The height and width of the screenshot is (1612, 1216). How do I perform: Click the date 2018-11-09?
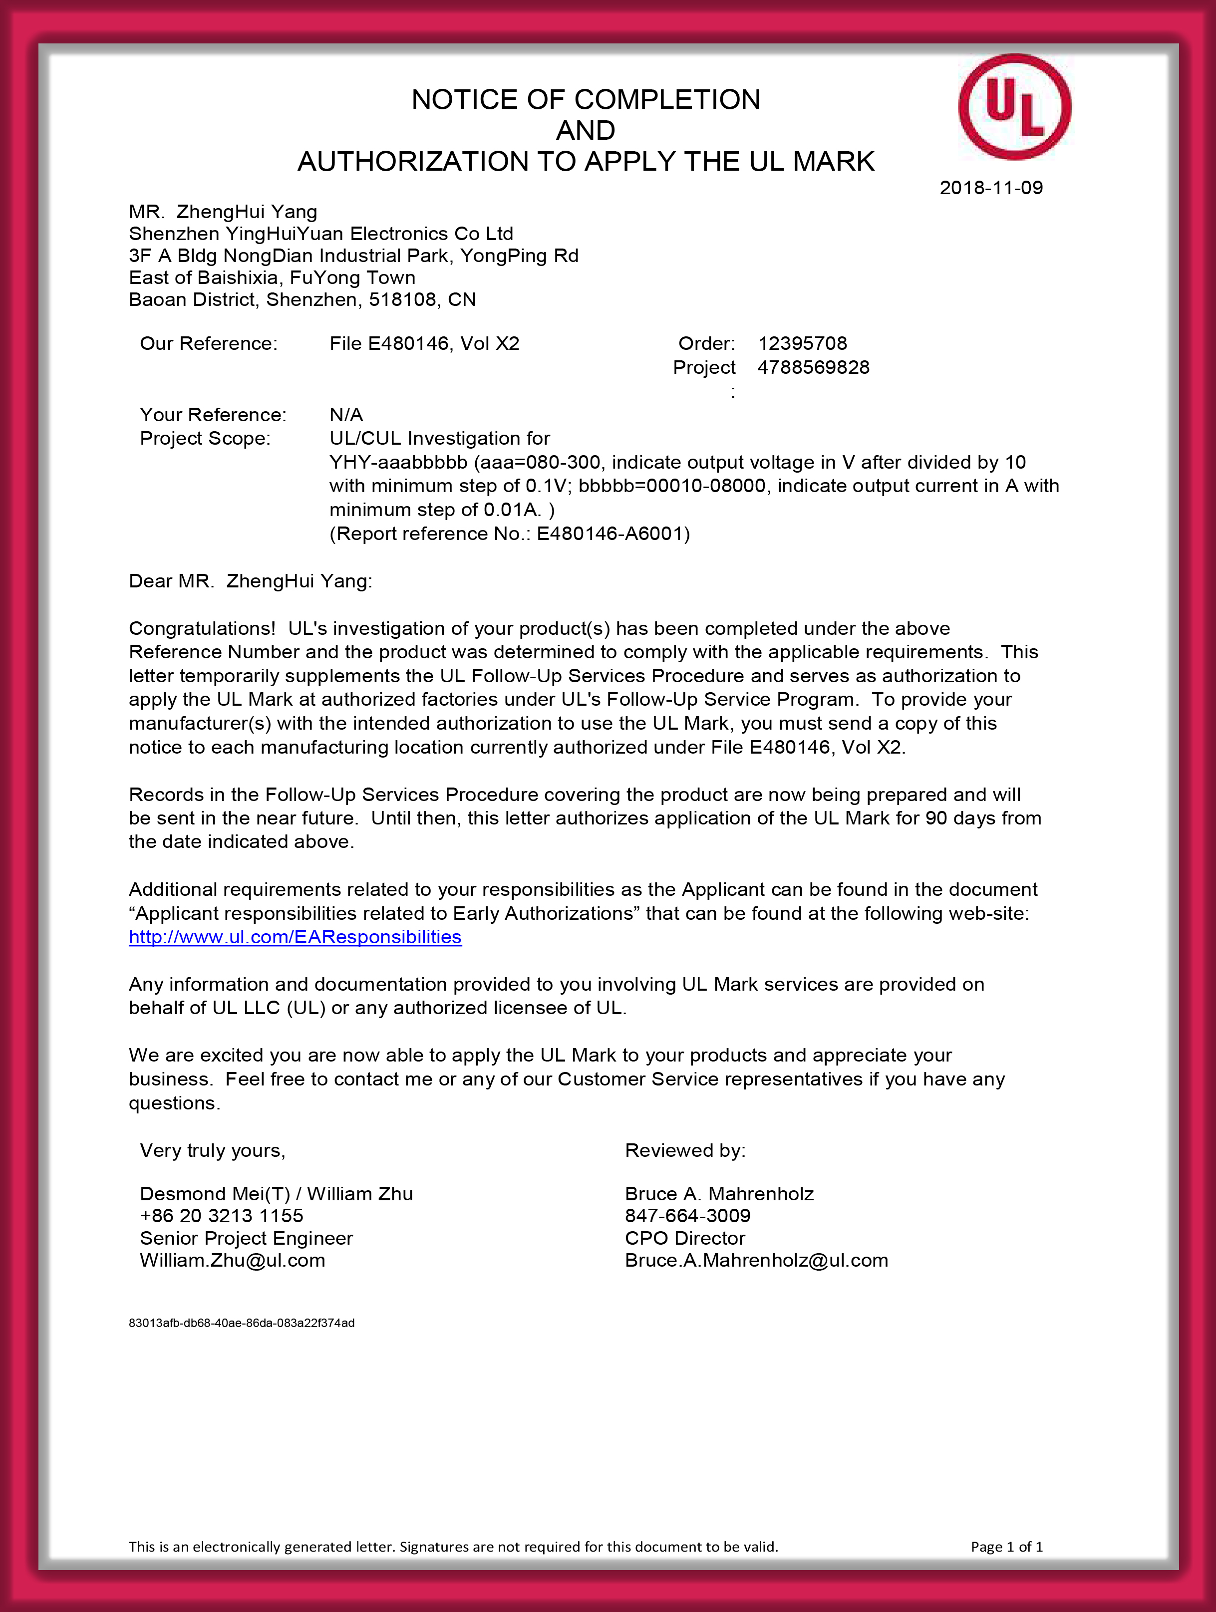tap(991, 188)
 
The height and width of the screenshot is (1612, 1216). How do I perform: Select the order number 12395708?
tap(802, 343)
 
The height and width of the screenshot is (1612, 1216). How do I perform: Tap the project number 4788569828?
tap(813, 367)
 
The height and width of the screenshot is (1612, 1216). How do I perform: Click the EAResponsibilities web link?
tap(295, 937)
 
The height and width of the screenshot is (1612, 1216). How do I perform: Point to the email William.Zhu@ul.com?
tap(233, 1260)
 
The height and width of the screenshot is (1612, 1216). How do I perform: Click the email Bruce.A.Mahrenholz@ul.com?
tap(756, 1260)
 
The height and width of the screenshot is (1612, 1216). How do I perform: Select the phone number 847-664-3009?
tap(687, 1216)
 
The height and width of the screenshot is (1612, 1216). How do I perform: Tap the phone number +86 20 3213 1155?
tap(222, 1216)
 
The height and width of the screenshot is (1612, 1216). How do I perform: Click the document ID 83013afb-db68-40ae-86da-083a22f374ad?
tap(241, 1323)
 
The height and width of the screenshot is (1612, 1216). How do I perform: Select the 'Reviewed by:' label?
tap(685, 1151)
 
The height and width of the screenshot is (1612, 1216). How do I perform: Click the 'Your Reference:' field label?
tap(213, 415)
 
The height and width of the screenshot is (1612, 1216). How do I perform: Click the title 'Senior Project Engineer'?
tap(247, 1238)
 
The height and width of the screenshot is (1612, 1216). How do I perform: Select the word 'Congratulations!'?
tap(202, 628)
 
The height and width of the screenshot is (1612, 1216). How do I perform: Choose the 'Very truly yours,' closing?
tap(213, 1151)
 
